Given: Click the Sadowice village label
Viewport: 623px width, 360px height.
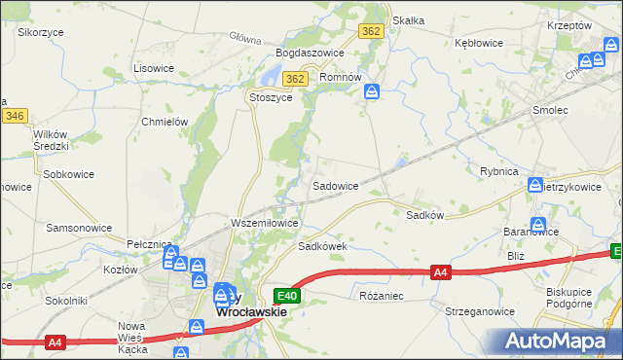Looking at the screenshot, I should point(335,185).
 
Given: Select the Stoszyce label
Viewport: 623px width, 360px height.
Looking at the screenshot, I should point(272,97).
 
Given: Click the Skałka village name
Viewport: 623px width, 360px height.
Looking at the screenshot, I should point(408,20).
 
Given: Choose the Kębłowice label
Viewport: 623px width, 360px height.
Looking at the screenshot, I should point(479,43).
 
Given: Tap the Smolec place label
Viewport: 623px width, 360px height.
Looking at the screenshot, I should point(550,110).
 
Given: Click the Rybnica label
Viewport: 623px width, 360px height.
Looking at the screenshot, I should point(499,170).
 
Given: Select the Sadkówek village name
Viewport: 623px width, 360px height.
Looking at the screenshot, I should point(323,246).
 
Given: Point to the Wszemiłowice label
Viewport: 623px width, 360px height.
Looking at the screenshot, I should point(264,223).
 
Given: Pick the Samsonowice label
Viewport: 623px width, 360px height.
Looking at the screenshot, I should point(78,227).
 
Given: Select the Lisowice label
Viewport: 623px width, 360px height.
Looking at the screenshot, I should point(153,68).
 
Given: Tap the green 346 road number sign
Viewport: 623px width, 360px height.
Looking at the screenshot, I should point(14,116).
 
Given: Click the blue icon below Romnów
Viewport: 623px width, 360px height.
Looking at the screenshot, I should point(372,91).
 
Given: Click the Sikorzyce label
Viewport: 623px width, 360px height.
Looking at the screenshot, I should point(41,31).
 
